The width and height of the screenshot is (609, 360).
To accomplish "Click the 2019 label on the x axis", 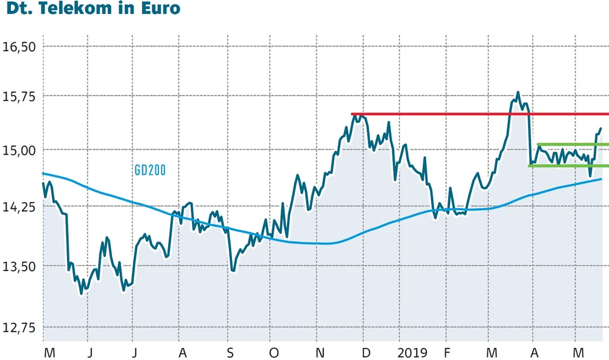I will pyautogui.click(x=412, y=353).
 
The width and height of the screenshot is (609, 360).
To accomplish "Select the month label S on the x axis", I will pyautogui.click(x=230, y=353).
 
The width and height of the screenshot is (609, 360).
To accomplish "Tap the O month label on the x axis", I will pyautogui.click(x=274, y=353).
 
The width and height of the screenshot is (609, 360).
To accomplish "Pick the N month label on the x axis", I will pyautogui.click(x=320, y=353).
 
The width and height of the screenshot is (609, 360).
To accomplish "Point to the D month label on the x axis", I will pyautogui.click(x=365, y=353).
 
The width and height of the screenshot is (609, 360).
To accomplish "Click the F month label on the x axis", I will pyautogui.click(x=447, y=353).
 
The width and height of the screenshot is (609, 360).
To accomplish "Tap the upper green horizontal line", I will pyautogui.click(x=572, y=144).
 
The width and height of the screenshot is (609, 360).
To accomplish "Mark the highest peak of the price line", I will pyautogui.click(x=518, y=93).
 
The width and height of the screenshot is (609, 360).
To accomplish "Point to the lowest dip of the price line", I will pyautogui.click(x=81, y=294).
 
